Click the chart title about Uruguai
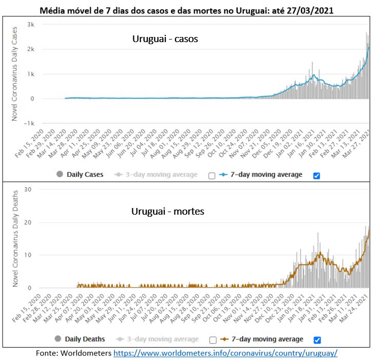186,10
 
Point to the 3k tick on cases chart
31,25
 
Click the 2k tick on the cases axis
31,49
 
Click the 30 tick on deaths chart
29,190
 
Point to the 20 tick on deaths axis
29,222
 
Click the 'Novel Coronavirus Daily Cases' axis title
15,74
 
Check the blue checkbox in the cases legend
316,176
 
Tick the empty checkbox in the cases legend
211,176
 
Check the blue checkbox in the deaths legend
316,339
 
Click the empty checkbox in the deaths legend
212,339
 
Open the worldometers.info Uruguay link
225,353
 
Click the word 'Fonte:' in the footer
47,353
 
